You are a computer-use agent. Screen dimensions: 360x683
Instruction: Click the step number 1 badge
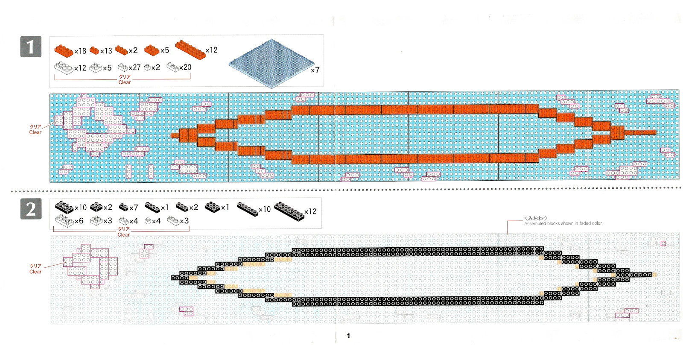click(31, 47)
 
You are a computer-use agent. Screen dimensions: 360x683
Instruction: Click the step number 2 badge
click(31, 209)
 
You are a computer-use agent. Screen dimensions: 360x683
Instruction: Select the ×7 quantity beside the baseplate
click(315, 70)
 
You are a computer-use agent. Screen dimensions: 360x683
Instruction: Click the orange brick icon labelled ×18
click(64, 50)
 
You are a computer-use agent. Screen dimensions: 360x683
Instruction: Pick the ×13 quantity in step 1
click(106, 51)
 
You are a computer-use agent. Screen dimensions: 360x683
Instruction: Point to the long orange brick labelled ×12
click(190, 50)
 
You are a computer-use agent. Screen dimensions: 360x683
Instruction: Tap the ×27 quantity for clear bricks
click(134, 67)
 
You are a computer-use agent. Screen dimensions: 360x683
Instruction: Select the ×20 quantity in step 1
click(185, 67)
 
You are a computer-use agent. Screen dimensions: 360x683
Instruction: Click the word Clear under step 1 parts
click(125, 82)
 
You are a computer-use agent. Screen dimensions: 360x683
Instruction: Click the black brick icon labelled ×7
click(123, 208)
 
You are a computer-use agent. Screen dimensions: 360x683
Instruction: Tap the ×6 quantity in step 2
click(79, 221)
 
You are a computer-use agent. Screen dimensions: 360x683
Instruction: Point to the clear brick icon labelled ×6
click(64, 220)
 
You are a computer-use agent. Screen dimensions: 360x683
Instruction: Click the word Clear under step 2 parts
click(123, 235)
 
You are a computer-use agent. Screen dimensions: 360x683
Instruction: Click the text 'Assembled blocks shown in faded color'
click(563, 223)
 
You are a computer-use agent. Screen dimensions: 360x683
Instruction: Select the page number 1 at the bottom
click(348, 336)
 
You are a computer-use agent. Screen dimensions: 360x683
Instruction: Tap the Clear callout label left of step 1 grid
click(35, 132)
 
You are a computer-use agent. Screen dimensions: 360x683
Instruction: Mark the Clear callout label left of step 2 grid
click(35, 272)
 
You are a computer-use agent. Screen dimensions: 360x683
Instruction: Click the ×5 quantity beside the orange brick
click(165, 50)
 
